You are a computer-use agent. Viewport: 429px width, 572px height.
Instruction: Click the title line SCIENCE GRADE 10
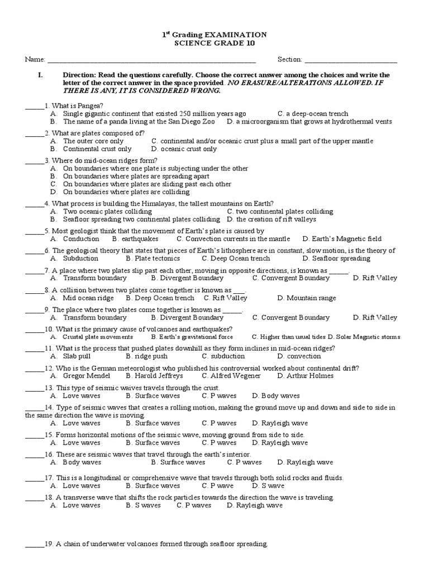pos(214,44)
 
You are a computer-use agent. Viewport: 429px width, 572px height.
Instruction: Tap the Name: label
pos(34,60)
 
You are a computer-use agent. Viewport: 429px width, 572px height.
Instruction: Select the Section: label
pos(290,60)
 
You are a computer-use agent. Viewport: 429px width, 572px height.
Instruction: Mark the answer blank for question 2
pos(33,134)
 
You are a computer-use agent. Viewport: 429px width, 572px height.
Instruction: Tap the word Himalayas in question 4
pos(166,204)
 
